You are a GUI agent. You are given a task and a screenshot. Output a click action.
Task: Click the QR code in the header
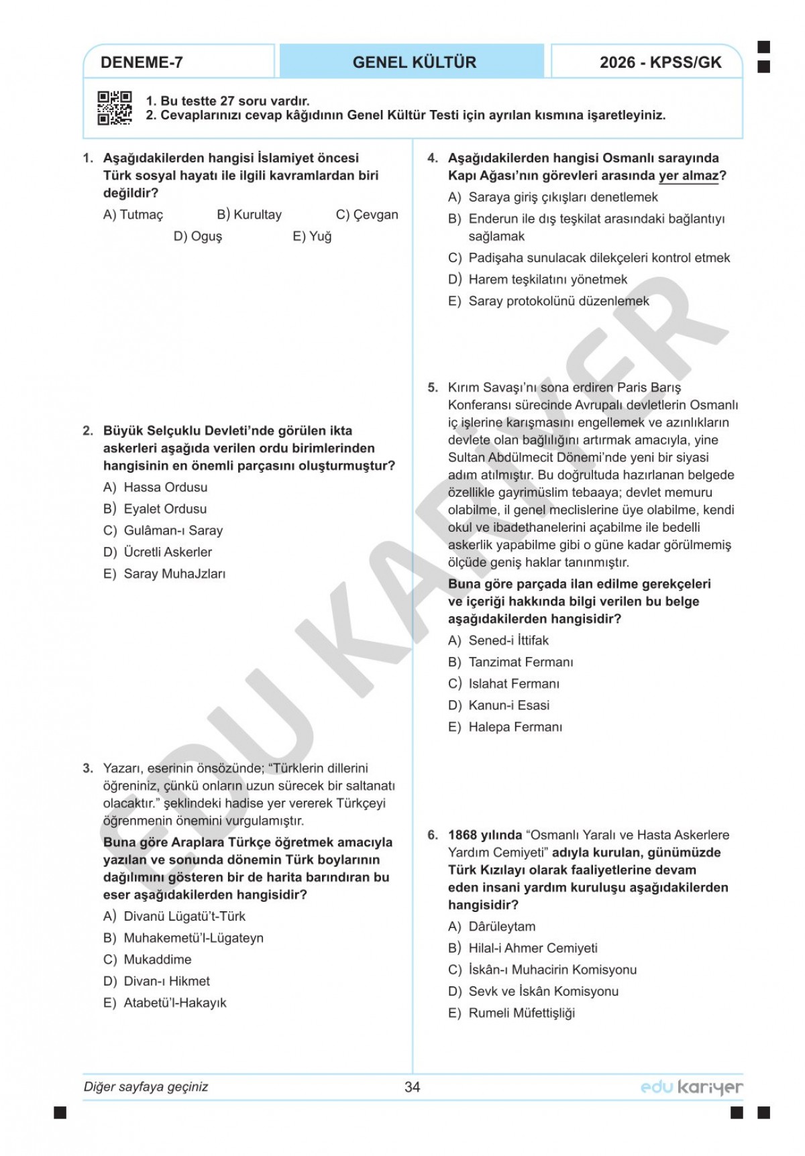[115, 108]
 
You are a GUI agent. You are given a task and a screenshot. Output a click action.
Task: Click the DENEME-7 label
[142, 62]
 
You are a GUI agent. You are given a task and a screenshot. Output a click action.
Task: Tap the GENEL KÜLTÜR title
[414, 62]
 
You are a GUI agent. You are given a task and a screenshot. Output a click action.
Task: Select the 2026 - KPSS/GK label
[660, 62]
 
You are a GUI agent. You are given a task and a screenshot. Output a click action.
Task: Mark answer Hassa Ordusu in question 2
[165, 487]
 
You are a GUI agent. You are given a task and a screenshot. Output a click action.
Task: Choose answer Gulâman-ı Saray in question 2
[172, 530]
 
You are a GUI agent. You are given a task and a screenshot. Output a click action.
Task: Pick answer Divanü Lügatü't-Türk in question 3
[184, 916]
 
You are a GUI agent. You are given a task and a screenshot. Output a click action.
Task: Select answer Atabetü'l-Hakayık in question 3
[174, 1002]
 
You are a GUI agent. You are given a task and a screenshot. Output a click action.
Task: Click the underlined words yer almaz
[688, 176]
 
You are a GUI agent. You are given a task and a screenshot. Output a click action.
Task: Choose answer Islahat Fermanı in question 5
[513, 683]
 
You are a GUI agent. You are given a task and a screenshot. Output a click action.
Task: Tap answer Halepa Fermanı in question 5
[515, 727]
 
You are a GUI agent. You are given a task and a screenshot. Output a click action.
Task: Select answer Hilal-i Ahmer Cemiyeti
[533, 948]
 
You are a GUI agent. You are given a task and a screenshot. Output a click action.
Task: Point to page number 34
[412, 1087]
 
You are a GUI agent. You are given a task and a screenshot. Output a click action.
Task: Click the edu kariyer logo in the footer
[692, 1087]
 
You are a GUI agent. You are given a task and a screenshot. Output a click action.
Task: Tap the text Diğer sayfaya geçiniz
[146, 1087]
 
